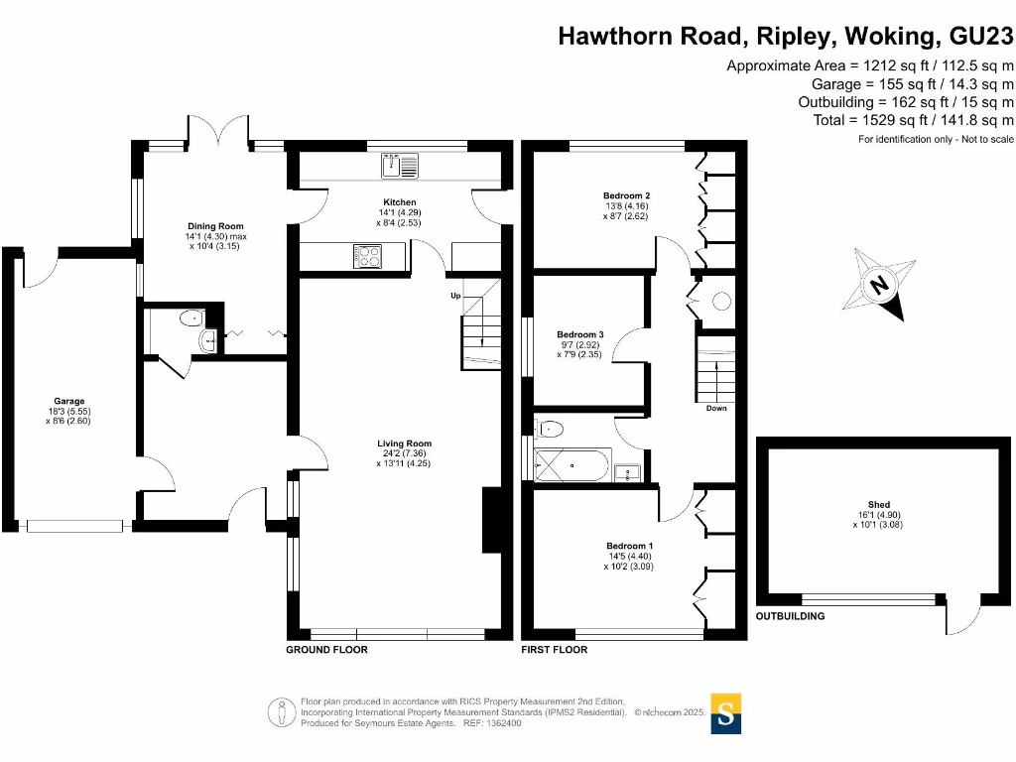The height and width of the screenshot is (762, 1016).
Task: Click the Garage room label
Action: point(69,402)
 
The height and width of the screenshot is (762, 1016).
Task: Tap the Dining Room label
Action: point(213,226)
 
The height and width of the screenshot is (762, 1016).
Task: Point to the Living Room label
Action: point(404,444)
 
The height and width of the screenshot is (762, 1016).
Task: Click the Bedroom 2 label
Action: point(626,195)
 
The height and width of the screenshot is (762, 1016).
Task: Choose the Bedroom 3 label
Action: point(579,334)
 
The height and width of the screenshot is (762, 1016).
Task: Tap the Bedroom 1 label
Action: point(629,547)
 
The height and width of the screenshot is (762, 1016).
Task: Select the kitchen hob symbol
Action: point(367,255)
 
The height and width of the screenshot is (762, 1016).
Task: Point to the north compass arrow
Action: point(879,287)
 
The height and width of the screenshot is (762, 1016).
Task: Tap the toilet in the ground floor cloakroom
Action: point(189,318)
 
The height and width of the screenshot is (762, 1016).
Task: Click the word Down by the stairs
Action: point(716,408)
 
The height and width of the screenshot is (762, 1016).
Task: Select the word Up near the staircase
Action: point(455,296)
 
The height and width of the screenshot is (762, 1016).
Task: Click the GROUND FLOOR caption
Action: point(326,650)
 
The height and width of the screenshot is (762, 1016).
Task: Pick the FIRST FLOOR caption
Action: point(554,650)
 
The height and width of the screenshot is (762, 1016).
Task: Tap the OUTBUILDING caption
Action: point(790,616)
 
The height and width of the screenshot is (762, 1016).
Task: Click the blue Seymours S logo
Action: point(726,713)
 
